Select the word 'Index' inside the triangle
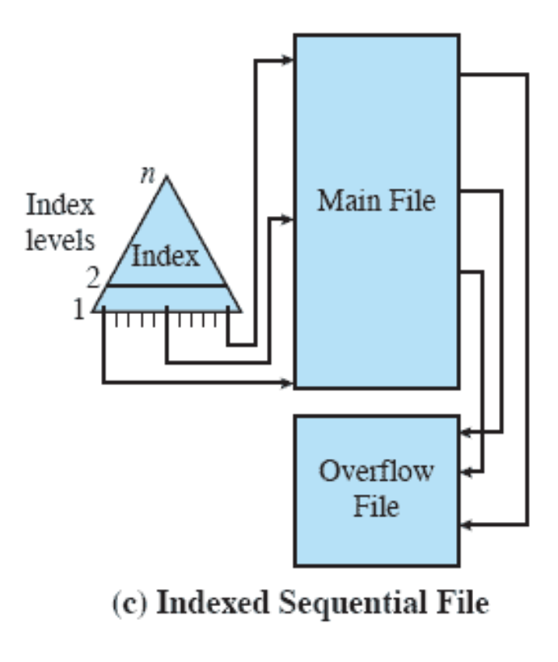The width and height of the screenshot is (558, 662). click(x=165, y=257)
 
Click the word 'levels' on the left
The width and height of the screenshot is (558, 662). click(x=61, y=240)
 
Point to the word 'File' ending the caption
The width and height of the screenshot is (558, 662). click(x=459, y=605)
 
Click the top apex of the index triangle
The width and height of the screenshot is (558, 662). click(x=167, y=177)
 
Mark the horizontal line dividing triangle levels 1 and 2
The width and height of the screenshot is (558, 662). click(x=167, y=286)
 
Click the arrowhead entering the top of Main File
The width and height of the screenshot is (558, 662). click(x=288, y=60)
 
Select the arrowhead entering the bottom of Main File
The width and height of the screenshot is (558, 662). click(x=288, y=380)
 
